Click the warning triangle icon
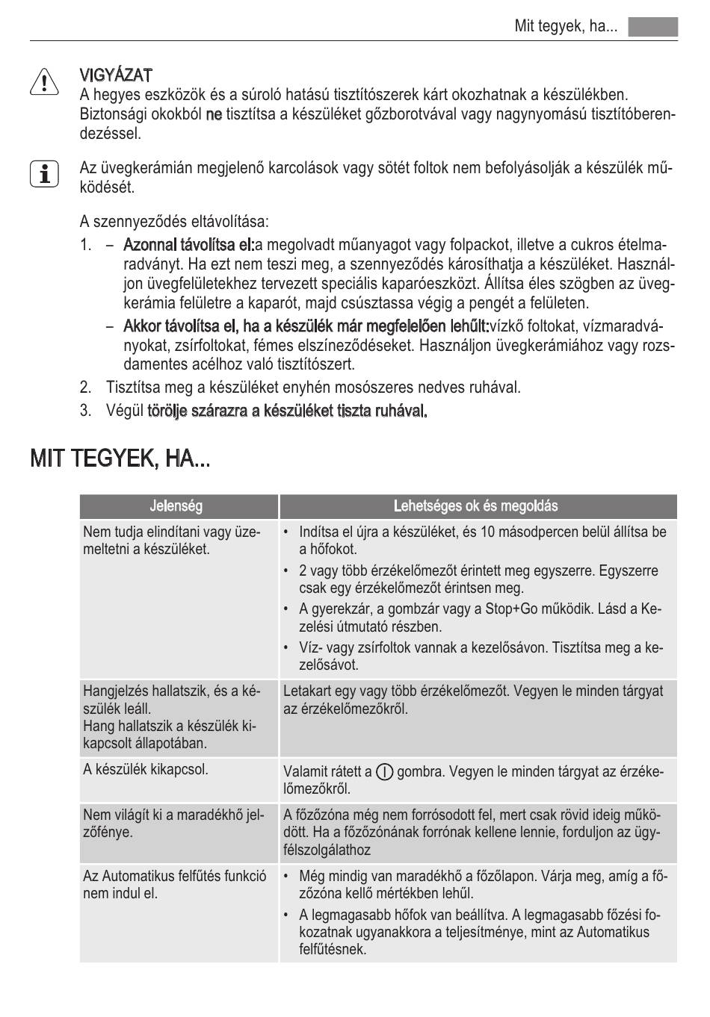point(45,82)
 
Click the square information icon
point(45,174)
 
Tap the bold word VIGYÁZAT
point(117,75)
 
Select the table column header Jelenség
point(176,506)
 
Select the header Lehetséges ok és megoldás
point(476,506)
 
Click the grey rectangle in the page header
point(652,27)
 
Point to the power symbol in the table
point(386,771)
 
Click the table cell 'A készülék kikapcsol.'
point(146,769)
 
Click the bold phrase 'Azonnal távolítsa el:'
point(189,245)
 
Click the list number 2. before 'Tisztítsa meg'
point(85,388)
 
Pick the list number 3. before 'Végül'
point(85,410)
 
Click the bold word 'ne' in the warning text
point(214,114)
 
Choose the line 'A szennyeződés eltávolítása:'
point(174,222)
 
